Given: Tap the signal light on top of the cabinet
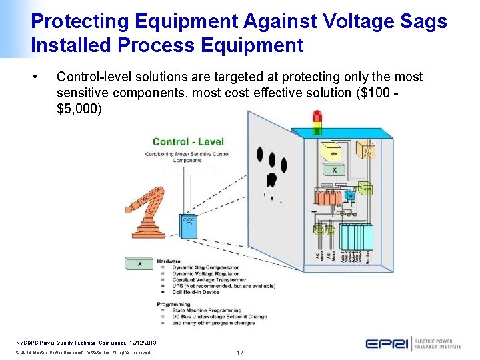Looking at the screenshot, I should click(317, 121).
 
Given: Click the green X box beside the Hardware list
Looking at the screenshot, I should click(139, 263).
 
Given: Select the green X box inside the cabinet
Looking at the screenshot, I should click(334, 171).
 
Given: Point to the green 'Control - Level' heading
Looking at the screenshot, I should click(188, 141).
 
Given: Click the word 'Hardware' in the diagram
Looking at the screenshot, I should click(169, 261).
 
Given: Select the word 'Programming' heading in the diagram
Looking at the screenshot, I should click(173, 304).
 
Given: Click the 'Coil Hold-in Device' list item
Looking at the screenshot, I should click(196, 291).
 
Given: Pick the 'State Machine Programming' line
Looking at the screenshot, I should click(207, 310).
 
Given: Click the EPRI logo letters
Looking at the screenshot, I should click(387, 343).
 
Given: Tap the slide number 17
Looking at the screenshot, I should click(239, 351).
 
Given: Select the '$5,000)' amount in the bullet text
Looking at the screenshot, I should click(80, 108).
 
